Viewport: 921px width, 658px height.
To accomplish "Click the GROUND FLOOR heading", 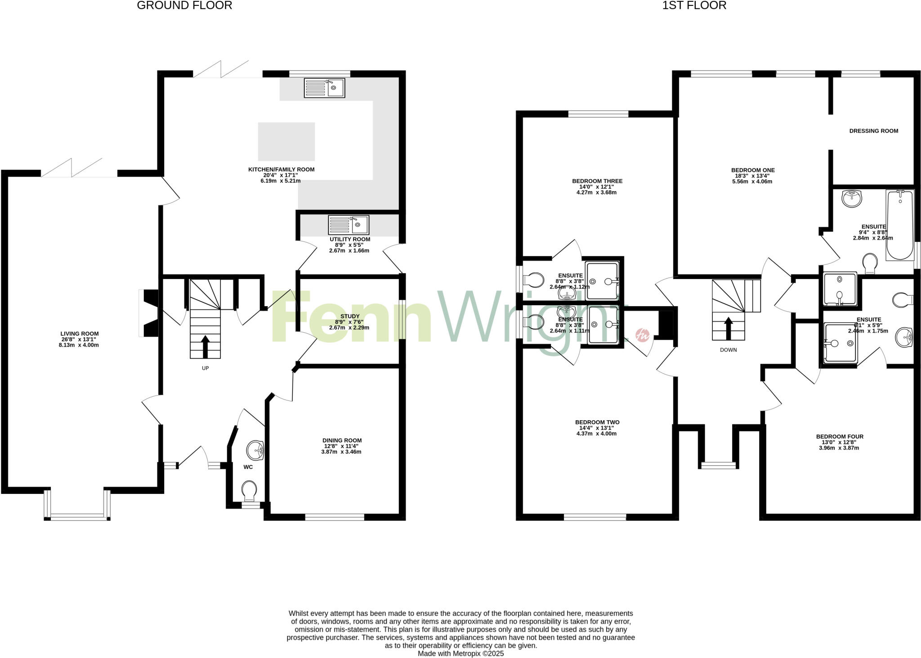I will pyautogui.click(x=184, y=6).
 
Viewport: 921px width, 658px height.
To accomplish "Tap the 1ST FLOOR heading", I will pyautogui.click(x=694, y=6).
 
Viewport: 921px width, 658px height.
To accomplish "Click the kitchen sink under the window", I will pyautogui.click(x=324, y=88).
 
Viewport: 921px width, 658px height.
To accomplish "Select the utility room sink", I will pyautogui.click(x=348, y=225).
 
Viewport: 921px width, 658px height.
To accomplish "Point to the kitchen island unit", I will pyautogui.click(x=286, y=142).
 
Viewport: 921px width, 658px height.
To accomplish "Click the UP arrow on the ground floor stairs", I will pyautogui.click(x=205, y=346).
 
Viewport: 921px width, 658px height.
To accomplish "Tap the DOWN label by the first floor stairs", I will pyautogui.click(x=728, y=350).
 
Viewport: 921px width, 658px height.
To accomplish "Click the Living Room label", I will pyautogui.click(x=80, y=334).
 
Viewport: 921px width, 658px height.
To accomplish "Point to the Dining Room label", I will pyautogui.click(x=342, y=440).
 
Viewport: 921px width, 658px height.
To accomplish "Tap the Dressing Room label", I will pyautogui.click(x=873, y=131).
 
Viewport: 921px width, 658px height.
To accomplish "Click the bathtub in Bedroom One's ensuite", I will pyautogui.click(x=900, y=225).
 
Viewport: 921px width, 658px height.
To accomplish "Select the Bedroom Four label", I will pyautogui.click(x=839, y=436).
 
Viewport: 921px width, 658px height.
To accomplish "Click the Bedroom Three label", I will pyautogui.click(x=597, y=181).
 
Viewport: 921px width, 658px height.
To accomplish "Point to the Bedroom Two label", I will pyautogui.click(x=597, y=422).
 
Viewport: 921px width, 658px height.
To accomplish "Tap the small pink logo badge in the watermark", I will pyautogui.click(x=642, y=335).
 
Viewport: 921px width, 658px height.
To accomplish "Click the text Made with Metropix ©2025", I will pyautogui.click(x=460, y=654).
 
